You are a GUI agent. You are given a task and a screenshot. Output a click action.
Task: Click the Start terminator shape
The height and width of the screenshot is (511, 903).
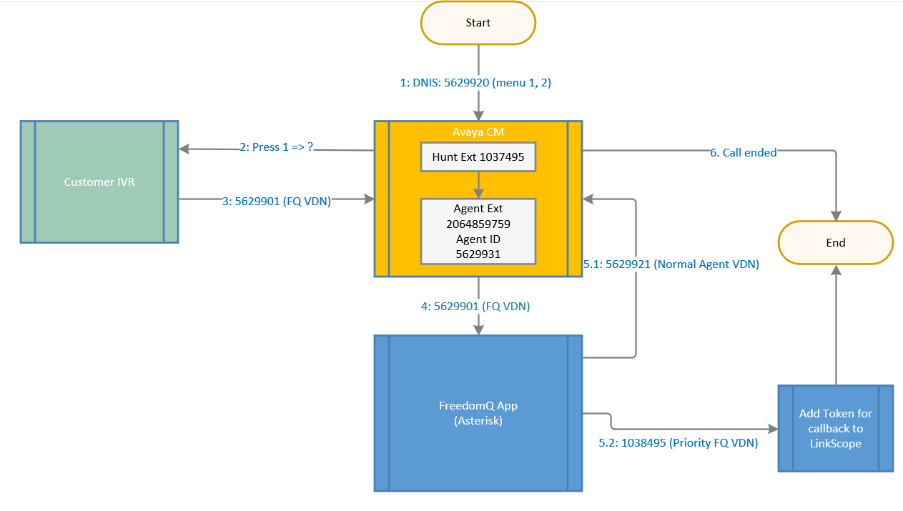(478, 23)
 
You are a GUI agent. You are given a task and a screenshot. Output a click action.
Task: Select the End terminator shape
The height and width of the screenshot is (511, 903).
(835, 243)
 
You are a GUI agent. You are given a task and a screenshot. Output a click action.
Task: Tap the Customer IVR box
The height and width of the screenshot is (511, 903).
(99, 182)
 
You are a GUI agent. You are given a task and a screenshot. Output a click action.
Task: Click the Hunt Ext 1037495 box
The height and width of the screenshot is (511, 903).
(478, 157)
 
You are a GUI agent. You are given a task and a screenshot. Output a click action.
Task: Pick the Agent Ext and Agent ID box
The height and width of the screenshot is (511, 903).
(478, 231)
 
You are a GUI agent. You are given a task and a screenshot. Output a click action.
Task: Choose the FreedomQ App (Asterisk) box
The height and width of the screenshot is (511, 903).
(478, 413)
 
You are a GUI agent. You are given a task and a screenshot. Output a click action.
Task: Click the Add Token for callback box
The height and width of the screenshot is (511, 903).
(835, 428)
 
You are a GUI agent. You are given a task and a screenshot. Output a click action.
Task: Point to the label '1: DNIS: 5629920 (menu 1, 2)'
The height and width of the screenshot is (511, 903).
(475, 83)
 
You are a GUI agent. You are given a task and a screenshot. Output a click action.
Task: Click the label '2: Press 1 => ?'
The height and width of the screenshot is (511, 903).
(276, 147)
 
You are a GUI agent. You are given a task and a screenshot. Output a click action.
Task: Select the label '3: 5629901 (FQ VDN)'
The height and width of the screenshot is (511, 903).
(276, 202)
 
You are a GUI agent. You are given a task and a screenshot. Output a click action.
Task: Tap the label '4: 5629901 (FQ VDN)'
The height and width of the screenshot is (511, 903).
(475, 306)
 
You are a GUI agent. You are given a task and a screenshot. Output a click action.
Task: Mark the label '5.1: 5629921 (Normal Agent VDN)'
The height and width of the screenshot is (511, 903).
(671, 264)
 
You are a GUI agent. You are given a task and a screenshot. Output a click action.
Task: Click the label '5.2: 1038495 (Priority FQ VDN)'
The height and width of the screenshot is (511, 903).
(678, 443)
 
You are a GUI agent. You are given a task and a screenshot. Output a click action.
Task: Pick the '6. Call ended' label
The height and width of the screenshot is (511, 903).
(744, 152)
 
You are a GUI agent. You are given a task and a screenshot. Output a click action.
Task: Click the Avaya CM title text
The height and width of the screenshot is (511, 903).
(478, 132)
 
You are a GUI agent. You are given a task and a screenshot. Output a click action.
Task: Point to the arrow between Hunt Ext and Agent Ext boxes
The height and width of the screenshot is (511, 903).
(478, 185)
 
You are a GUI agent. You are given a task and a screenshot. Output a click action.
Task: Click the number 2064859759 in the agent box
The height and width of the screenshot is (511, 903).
(478, 224)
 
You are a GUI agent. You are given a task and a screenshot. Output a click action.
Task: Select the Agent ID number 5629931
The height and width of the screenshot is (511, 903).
(478, 254)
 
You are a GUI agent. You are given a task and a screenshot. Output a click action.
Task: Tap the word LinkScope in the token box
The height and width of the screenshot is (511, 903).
(835, 444)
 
